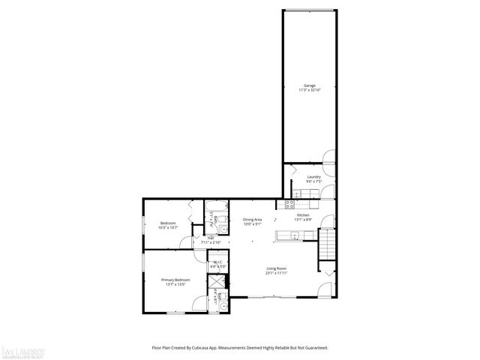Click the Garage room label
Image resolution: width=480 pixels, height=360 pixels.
[x=309, y=85]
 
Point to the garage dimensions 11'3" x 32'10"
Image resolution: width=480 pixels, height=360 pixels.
[x=309, y=90]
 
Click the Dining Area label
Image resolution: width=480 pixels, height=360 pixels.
[x=252, y=220]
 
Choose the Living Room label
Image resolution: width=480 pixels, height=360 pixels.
[x=277, y=268]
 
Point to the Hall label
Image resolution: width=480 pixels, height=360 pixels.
[x=211, y=238]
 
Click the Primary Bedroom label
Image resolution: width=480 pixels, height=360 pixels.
[x=175, y=280]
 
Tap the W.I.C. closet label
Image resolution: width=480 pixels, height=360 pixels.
[x=217, y=262]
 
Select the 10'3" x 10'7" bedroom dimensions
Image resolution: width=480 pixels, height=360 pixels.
[x=168, y=227]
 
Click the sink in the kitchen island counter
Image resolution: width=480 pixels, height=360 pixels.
[x=293, y=236]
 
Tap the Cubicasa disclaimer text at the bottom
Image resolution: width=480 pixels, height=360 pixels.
[x=239, y=348]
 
